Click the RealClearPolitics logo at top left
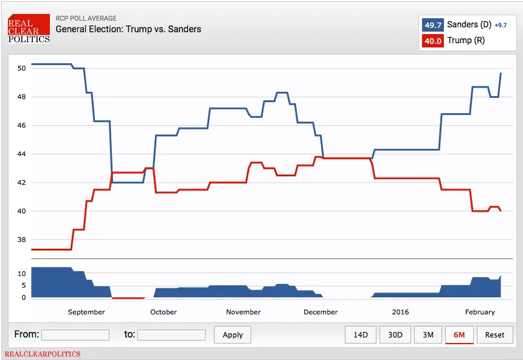click(x=29, y=29)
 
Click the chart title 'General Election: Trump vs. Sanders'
click(x=128, y=29)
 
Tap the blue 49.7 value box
click(x=433, y=25)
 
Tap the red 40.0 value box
click(x=433, y=41)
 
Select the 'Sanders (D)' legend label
click(x=469, y=25)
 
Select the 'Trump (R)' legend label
click(x=466, y=41)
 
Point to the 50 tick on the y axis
click(x=21, y=68)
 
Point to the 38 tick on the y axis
click(x=21, y=240)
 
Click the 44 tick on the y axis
click(x=21, y=154)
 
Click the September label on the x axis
click(x=86, y=312)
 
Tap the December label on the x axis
click(x=320, y=312)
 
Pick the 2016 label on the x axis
click(x=400, y=312)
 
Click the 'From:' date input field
click(x=75, y=335)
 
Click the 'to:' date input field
click(x=171, y=335)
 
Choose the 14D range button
click(x=361, y=335)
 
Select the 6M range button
click(x=459, y=335)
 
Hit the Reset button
click(x=494, y=335)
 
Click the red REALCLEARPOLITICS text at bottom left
click(x=43, y=354)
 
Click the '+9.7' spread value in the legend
click(x=500, y=26)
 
